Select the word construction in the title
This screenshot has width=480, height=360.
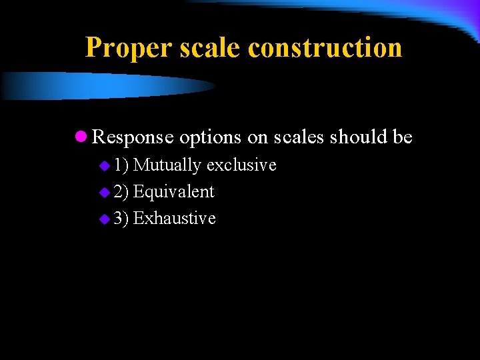click(x=325, y=48)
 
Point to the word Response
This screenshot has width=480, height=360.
click(x=133, y=137)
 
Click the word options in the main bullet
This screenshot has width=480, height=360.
click(x=209, y=137)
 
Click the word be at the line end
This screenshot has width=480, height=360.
click(x=403, y=137)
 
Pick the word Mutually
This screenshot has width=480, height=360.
click(x=167, y=165)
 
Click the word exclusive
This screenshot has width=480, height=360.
click(x=241, y=165)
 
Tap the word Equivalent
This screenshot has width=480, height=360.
click(x=173, y=192)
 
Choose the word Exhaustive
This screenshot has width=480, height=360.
click(x=174, y=218)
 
